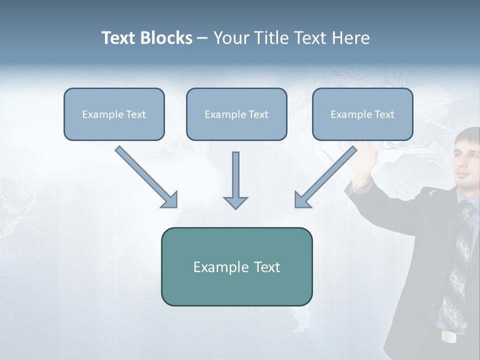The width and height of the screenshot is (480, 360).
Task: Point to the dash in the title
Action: point(202,38)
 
